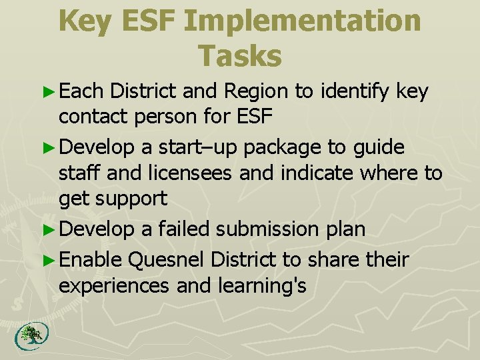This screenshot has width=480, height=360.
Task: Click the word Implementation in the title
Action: coord(302,21)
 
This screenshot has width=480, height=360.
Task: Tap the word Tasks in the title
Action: coord(240,56)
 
